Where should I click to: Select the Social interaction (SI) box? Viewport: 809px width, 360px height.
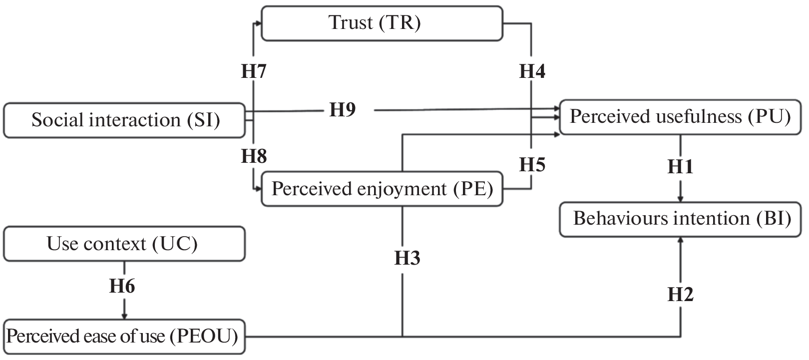(x=124, y=120)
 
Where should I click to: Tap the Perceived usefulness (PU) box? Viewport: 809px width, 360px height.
(x=681, y=117)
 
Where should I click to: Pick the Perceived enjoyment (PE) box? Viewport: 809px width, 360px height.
(x=382, y=189)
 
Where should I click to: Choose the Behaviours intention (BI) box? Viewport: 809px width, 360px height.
(x=682, y=219)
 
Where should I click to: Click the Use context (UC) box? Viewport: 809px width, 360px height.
(x=124, y=244)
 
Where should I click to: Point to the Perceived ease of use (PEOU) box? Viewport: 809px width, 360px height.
(x=123, y=337)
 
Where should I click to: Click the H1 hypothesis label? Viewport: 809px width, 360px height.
(x=681, y=166)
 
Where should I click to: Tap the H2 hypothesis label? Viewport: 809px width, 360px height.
(x=681, y=295)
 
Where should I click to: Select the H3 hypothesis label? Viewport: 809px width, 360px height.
(x=407, y=258)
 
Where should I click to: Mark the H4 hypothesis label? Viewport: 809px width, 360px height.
(x=532, y=72)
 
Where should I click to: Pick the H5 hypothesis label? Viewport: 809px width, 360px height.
(x=532, y=164)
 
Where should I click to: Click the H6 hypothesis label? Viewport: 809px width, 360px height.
(x=122, y=287)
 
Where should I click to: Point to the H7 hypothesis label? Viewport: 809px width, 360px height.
(x=254, y=72)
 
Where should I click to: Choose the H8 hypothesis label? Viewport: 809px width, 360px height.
(x=254, y=157)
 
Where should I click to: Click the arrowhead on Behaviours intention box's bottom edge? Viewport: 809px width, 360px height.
(x=681, y=240)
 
